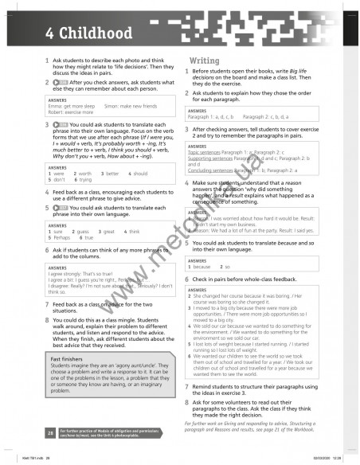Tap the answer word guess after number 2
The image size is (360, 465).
[84, 231]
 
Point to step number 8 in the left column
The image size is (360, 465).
[47, 319]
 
